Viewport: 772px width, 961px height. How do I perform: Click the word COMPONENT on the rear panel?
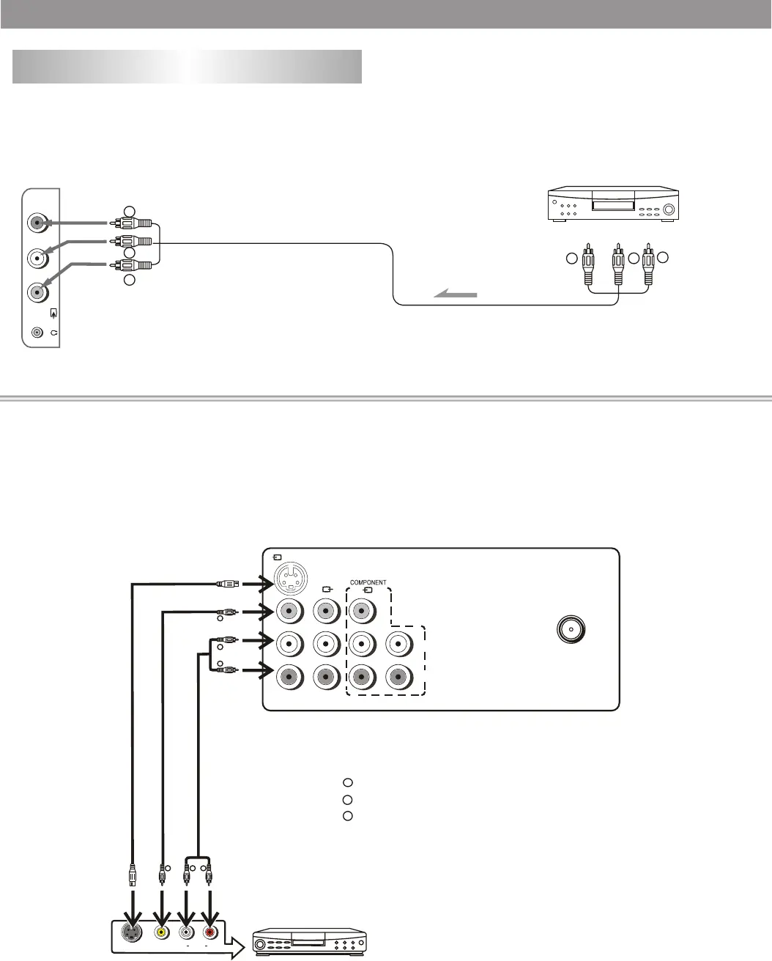tap(368, 582)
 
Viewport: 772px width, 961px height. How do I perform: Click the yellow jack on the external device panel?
tap(160, 932)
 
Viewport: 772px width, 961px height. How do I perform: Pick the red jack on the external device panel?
tap(210, 932)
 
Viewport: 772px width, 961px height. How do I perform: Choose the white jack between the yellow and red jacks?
tap(186, 932)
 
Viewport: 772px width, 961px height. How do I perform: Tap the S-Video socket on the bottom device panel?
tap(133, 932)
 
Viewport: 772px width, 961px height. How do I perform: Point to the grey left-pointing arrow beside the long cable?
tap(456, 294)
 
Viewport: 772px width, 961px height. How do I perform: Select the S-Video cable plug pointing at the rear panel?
tap(227, 584)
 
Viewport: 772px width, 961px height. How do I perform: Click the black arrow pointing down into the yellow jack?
tap(160, 908)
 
